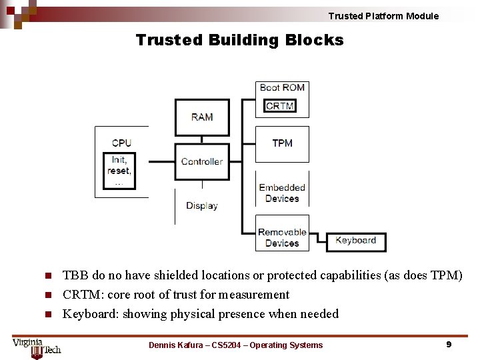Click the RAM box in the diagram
[x=202, y=117]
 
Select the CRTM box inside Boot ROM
[x=280, y=106]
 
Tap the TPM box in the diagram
[x=283, y=143]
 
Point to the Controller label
[x=201, y=161]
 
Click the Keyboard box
[x=356, y=241]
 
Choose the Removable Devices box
[x=283, y=237]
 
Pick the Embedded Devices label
[x=282, y=193]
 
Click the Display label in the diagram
[x=201, y=205]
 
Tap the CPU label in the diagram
[x=121, y=143]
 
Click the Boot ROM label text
[x=282, y=87]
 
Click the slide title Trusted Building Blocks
[x=239, y=40]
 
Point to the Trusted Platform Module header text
[x=383, y=16]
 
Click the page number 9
[x=449, y=345]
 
